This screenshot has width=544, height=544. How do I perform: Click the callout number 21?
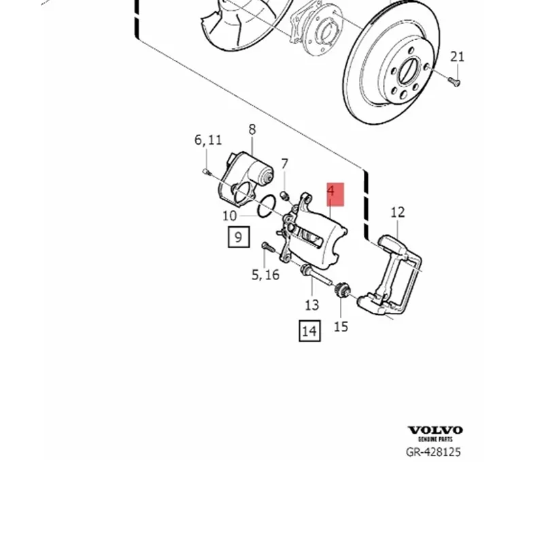(x=457, y=56)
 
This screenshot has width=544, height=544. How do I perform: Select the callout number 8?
(x=252, y=129)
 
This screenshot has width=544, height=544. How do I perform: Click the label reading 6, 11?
(x=208, y=140)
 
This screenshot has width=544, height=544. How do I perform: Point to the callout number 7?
(x=284, y=164)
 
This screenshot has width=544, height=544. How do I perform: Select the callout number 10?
(x=229, y=216)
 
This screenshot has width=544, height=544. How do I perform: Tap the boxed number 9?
(x=238, y=237)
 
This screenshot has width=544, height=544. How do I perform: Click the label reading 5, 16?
(x=265, y=275)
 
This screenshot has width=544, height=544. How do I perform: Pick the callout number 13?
(x=311, y=305)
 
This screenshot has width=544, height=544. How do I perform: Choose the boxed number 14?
(x=309, y=331)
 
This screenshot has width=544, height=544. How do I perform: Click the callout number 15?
(x=341, y=326)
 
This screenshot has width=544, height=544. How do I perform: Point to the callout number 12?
(x=398, y=212)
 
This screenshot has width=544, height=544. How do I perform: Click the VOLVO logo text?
(x=435, y=430)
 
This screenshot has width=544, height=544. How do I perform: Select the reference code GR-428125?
(x=433, y=452)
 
